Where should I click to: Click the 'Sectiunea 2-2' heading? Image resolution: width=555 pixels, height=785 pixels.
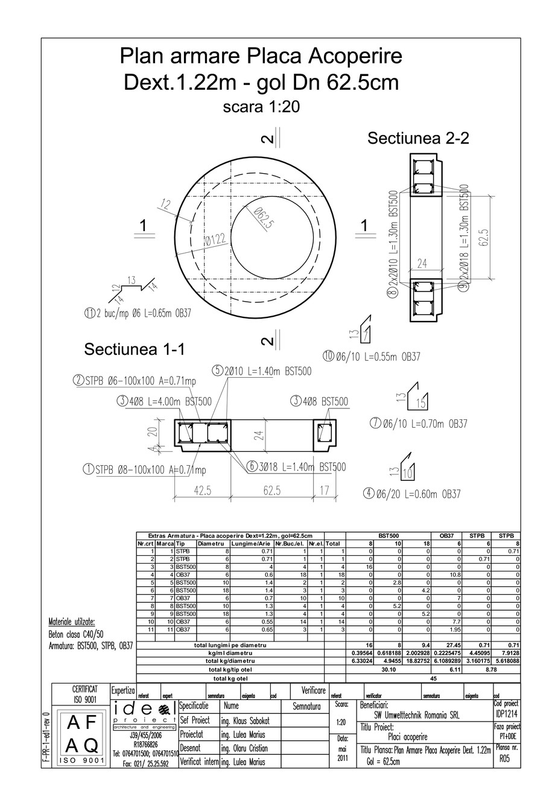click(x=418, y=138)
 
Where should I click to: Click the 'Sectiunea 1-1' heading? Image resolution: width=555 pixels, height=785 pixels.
click(x=135, y=349)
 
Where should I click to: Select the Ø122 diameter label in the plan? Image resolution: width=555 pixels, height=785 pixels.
click(x=215, y=241)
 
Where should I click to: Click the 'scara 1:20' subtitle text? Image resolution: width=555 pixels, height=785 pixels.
click(x=261, y=107)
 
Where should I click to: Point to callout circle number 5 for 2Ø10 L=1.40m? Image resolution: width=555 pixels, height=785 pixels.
click(x=218, y=371)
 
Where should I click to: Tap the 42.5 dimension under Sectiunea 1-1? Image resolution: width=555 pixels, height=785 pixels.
click(x=203, y=491)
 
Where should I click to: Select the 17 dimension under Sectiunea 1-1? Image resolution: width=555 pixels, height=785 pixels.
click(x=325, y=491)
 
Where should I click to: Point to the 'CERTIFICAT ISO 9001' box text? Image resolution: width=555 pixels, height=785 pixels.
click(x=81, y=694)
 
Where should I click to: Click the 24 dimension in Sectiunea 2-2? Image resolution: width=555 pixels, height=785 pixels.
click(x=422, y=263)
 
